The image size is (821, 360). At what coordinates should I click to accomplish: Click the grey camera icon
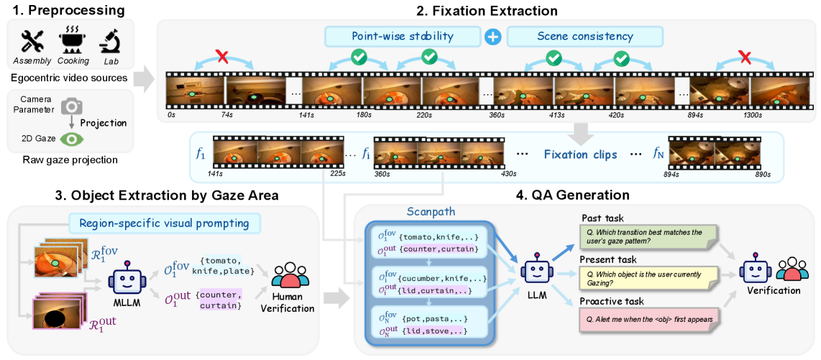(x=70, y=106)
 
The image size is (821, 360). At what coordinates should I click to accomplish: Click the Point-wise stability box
(x=403, y=36)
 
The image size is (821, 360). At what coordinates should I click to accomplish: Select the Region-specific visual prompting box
(x=165, y=223)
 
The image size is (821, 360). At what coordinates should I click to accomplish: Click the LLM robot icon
(x=536, y=272)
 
